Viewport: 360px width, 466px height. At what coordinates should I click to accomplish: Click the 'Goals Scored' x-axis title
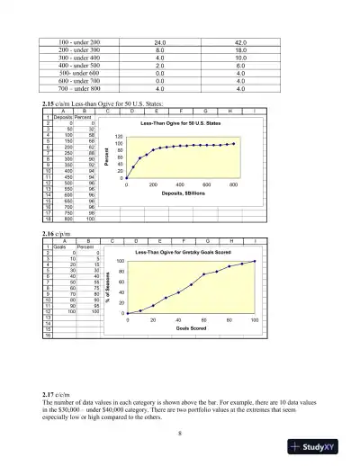193,329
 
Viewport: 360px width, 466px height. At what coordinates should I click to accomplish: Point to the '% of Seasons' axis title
107,287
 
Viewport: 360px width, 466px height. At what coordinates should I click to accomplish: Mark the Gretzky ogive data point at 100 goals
255,262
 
